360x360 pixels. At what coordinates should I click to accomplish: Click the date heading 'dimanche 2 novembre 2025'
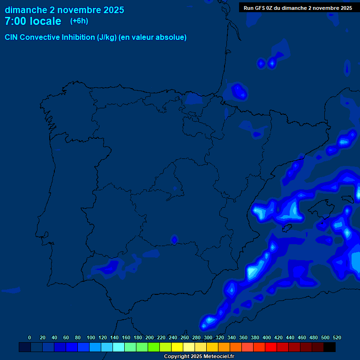point(64,10)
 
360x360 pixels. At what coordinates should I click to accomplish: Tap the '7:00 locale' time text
point(33,21)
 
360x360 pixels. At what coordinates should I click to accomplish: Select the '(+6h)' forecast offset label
point(79,21)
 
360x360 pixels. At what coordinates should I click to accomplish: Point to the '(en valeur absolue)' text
point(153,37)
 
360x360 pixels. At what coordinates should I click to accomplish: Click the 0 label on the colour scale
point(30,337)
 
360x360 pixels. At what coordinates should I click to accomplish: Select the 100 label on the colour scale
point(91,337)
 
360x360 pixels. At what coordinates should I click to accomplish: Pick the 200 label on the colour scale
point(150,337)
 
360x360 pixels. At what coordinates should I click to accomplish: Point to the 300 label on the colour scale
point(208,337)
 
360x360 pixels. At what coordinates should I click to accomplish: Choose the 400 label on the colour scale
point(267,337)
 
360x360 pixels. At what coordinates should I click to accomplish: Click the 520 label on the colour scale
point(337,337)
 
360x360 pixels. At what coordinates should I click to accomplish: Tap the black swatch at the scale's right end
point(330,347)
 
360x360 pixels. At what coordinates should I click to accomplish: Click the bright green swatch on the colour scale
point(154,347)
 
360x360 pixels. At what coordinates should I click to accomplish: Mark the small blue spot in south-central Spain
point(174,240)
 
